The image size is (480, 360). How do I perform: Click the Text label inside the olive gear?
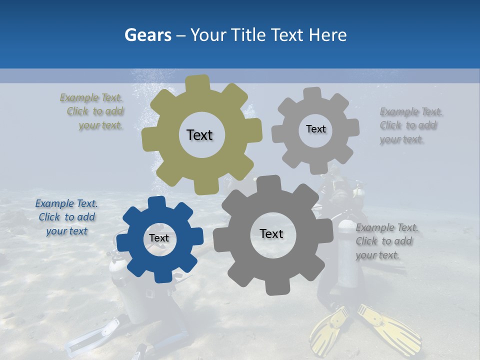point(199,135)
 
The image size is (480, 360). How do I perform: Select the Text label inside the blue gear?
point(159,238)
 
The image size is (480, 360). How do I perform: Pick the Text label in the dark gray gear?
point(271,233)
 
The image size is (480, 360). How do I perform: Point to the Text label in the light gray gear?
point(315,129)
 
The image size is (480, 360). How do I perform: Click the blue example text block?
point(66,217)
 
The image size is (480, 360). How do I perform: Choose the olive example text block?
point(92,111)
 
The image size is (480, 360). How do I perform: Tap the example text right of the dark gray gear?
point(386,241)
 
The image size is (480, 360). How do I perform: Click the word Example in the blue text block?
point(53,203)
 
